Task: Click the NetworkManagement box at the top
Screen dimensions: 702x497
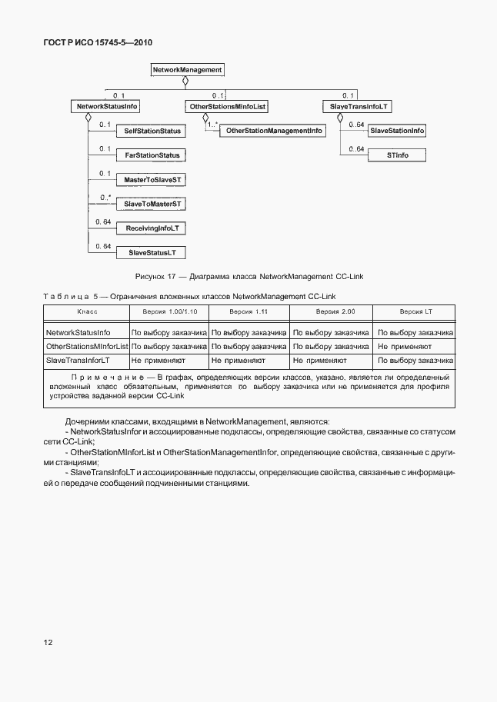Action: click(187, 70)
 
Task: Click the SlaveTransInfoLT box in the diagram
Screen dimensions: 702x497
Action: click(359, 107)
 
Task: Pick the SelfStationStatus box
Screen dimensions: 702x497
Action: click(152, 131)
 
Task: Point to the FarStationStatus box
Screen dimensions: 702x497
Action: click(152, 155)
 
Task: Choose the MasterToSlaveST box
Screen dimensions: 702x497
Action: click(152, 180)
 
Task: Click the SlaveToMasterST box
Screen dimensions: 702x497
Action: click(152, 204)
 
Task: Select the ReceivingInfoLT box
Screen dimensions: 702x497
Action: click(151, 228)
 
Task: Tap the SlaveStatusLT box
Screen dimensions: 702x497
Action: click(151, 252)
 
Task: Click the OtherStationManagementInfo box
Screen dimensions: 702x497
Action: click(273, 131)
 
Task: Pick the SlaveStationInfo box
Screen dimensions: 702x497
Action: click(397, 131)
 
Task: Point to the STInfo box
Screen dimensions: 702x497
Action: click(397, 155)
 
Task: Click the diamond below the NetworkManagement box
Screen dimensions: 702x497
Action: click(185, 80)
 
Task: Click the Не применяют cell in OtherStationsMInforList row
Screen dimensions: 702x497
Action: click(405, 347)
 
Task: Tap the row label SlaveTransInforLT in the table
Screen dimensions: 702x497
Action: click(78, 359)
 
